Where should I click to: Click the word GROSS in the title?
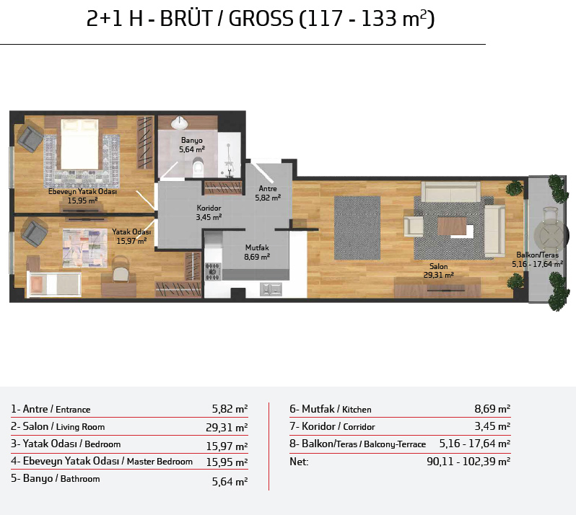[261, 18]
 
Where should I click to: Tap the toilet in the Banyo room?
[198, 167]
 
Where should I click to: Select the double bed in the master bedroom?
[79, 144]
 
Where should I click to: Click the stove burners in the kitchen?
[213, 271]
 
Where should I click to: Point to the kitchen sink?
[271, 289]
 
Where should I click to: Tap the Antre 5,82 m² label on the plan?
[268, 193]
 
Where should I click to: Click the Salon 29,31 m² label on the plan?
[438, 270]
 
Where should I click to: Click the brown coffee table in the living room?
[452, 226]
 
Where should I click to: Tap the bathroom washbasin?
[179, 122]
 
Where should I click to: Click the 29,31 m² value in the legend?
[227, 427]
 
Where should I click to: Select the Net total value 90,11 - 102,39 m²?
[468, 461]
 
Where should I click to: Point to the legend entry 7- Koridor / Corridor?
[332, 426]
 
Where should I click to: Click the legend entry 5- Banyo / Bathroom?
[55, 479]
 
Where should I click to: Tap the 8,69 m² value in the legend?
[492, 408]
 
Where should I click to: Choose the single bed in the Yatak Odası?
[54, 283]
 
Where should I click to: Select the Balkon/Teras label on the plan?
[537, 255]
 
